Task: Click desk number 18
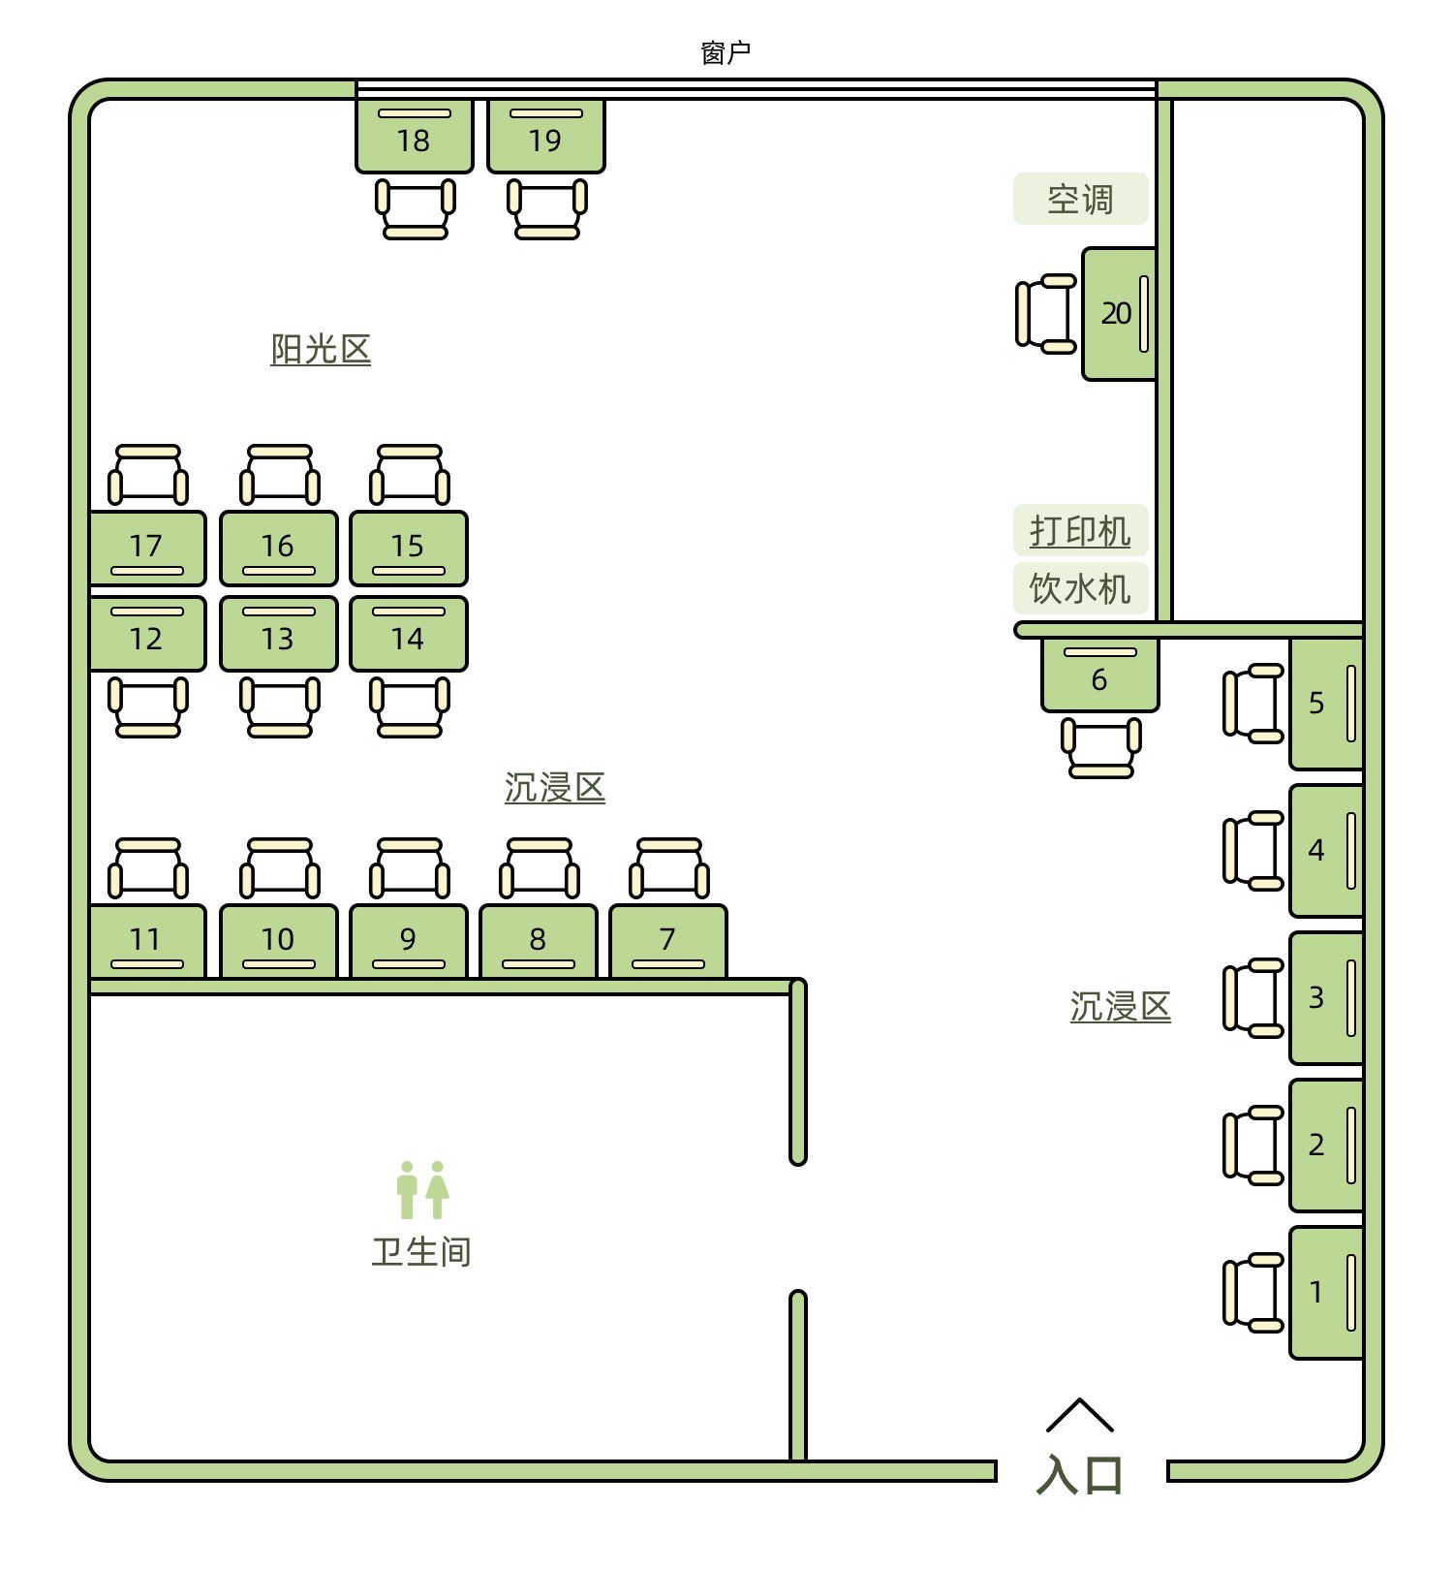point(414,136)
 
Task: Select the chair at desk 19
point(546,208)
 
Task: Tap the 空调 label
point(1080,200)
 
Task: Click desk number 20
point(1118,313)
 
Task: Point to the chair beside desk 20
point(1046,313)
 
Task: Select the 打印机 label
point(1080,531)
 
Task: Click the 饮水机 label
point(1080,588)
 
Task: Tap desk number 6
point(1099,675)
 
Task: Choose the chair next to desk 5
point(1253,704)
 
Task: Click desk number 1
point(1325,1292)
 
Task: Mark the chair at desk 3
point(1253,998)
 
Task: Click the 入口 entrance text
point(1080,1475)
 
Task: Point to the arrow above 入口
point(1080,1415)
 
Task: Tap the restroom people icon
point(422,1190)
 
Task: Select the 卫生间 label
point(421,1252)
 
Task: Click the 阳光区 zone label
point(321,349)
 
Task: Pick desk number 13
point(278,635)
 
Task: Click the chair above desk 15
point(410,475)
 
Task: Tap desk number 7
point(667,940)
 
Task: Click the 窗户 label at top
point(726,53)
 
